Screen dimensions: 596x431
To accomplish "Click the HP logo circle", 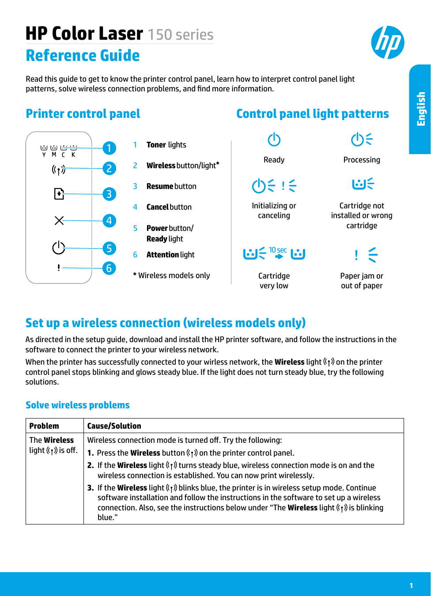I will (x=388, y=42).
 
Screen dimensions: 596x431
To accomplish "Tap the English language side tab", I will (x=421, y=109).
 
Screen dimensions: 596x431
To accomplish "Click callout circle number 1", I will (x=109, y=148).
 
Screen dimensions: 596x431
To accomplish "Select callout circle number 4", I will (x=109, y=220).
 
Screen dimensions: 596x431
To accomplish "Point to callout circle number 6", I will (x=109, y=268).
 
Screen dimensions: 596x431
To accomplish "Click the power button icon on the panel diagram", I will (x=59, y=248).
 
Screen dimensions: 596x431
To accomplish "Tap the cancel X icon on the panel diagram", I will (x=59, y=220).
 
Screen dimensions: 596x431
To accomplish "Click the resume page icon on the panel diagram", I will (x=59, y=194).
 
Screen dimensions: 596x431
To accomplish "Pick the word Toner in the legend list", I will (x=156, y=145).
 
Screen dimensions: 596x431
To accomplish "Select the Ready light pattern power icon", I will (x=274, y=140).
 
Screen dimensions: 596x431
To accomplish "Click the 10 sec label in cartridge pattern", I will (x=278, y=250).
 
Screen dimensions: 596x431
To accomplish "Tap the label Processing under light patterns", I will (x=362, y=160).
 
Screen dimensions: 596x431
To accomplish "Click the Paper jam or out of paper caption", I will (x=362, y=281).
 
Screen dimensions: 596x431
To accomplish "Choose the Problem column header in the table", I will (x=44, y=426).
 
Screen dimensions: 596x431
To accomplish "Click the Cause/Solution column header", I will (x=114, y=426).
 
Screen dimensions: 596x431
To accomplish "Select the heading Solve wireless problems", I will (x=78, y=405).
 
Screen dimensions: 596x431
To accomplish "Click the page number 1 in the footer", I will (x=411, y=585).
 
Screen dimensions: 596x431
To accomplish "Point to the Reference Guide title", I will (x=83, y=56).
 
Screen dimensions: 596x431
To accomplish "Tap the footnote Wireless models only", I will (x=172, y=275).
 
